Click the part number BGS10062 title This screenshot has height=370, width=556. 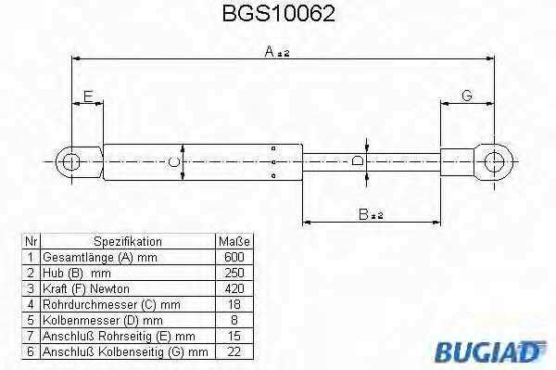[x=279, y=15]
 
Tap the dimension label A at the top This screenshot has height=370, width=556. [x=275, y=53]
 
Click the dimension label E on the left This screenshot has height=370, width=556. [x=87, y=95]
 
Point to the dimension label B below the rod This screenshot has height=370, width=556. [x=369, y=214]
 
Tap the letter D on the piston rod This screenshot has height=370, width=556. [x=358, y=161]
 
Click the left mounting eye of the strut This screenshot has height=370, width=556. [x=71, y=162]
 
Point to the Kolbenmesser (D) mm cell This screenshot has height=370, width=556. [x=95, y=319]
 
